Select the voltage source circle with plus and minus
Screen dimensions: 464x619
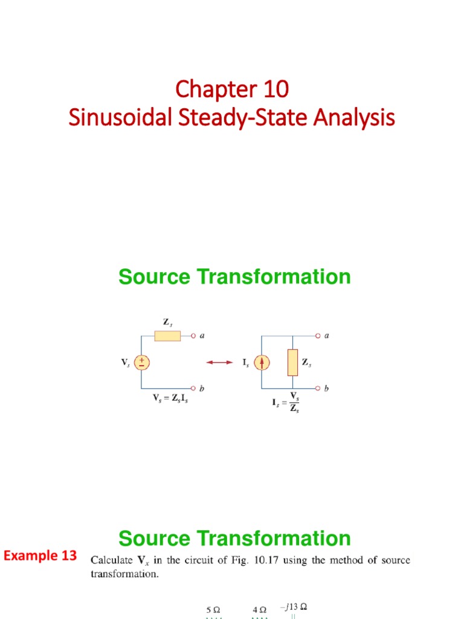(141, 362)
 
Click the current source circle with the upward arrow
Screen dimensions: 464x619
(262, 362)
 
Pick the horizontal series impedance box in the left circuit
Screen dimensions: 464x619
(167, 335)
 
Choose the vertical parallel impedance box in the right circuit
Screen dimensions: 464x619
(292, 362)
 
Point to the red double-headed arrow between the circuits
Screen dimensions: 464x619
(219, 362)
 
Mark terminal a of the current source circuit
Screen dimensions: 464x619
(318, 335)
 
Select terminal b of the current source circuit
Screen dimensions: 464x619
(318, 388)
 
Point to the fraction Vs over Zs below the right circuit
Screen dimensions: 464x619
(294, 401)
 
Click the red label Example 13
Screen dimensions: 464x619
(41, 555)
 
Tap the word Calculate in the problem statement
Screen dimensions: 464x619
(112, 560)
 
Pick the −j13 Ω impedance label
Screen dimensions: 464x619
(294, 606)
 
